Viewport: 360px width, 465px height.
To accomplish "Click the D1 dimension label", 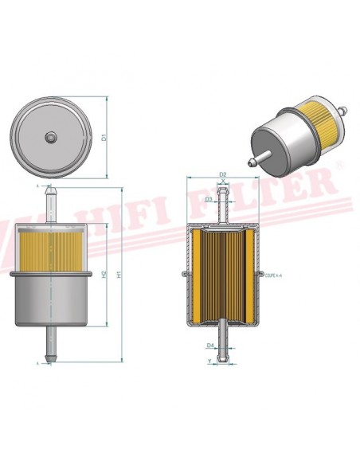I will (104, 138).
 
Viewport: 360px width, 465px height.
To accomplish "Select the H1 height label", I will (119, 275).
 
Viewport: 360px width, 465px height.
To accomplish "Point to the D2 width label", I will (223, 174).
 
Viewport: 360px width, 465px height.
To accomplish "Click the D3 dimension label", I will (209, 199).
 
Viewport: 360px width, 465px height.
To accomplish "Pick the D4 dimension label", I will (209, 345).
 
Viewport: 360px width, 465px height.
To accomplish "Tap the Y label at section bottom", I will (209, 361).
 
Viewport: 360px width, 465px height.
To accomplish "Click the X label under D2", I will (223, 183).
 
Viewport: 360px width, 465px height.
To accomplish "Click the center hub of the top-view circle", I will (51, 138).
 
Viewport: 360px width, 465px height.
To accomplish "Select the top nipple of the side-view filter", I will (52, 204).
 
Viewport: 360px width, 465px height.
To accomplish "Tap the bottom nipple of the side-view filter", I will (52, 347).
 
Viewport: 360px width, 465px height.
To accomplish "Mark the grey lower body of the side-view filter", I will (52, 299).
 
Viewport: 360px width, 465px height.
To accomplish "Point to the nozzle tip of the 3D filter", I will (252, 163).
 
